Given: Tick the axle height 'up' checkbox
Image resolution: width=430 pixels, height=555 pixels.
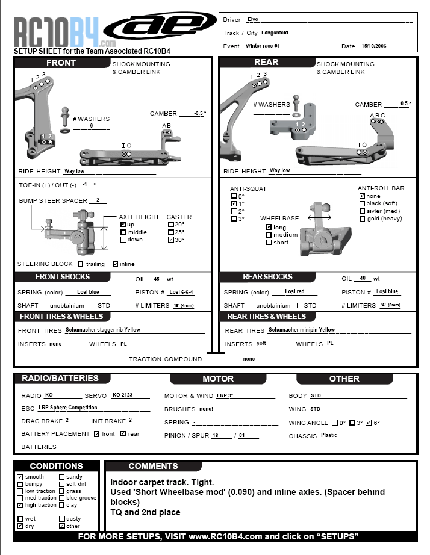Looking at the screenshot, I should [x=123, y=225].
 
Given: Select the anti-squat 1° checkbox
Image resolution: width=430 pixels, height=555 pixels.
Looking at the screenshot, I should [x=234, y=204].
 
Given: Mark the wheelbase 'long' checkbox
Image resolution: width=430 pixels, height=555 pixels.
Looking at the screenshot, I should [x=269, y=227].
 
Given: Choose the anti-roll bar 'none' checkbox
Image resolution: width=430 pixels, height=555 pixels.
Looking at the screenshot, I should [x=361, y=196].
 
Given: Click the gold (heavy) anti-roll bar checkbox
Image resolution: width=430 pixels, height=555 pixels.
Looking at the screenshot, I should [x=361, y=219].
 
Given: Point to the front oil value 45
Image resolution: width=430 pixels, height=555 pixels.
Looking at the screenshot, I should [x=157, y=279].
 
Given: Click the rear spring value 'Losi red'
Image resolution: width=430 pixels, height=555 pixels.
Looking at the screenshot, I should [x=294, y=292].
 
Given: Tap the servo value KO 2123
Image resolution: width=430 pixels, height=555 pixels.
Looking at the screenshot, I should [x=122, y=395].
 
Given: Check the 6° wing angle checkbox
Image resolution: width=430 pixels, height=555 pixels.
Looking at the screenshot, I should [x=369, y=423].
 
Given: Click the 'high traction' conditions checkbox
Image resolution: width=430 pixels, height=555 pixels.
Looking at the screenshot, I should [x=20, y=505].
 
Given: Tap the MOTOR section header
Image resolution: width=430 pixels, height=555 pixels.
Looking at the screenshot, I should [x=218, y=379].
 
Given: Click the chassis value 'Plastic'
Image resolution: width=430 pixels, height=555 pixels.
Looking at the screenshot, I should [x=329, y=435].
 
